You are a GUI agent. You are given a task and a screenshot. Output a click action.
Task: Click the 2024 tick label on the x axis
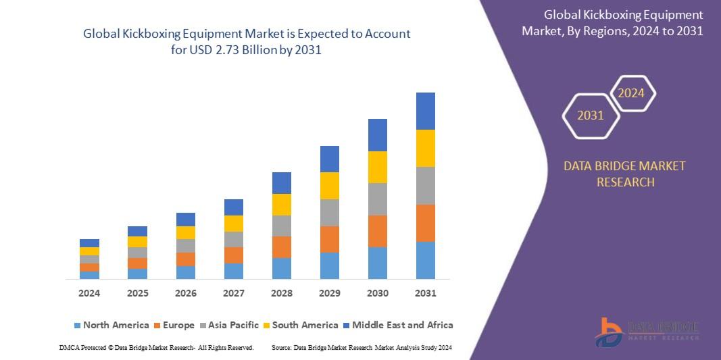[x=89, y=293]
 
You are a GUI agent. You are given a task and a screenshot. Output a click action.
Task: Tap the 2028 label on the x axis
[x=282, y=293]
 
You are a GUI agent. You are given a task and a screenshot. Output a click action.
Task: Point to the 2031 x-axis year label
[x=426, y=293]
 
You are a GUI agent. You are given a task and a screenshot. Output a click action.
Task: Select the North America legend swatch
[x=77, y=326]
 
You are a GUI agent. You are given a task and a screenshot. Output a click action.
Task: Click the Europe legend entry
[x=174, y=325]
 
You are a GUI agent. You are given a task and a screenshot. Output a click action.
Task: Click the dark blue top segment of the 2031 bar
[x=426, y=111]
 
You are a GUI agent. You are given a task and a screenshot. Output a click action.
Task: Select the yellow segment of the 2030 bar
[x=378, y=167]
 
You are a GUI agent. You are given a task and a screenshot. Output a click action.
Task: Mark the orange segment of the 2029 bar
[x=330, y=239]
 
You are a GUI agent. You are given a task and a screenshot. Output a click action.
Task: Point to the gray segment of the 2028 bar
[x=282, y=226]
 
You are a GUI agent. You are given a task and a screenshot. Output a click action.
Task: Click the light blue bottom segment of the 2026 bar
[x=186, y=272]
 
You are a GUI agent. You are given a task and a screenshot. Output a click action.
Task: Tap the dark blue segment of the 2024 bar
[x=89, y=243]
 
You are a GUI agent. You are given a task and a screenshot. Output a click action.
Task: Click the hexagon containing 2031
[x=591, y=115]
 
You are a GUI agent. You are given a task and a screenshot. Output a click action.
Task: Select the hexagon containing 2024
[x=632, y=93]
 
